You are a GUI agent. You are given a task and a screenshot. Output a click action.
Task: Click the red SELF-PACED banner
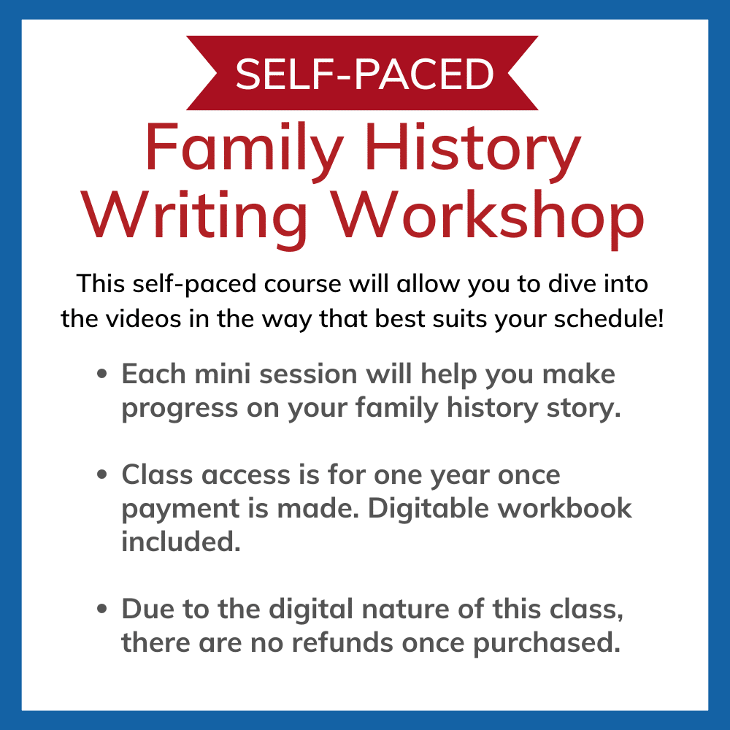(x=362, y=73)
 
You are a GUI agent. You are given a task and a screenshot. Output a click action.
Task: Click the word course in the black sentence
(x=303, y=284)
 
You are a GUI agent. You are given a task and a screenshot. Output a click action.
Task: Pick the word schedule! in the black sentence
(x=609, y=319)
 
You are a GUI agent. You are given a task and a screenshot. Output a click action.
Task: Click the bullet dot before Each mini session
(x=102, y=374)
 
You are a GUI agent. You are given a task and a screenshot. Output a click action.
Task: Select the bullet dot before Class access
(x=102, y=475)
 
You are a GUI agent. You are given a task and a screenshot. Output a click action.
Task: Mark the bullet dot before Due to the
(x=102, y=609)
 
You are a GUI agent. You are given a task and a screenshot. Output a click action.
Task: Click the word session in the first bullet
(x=308, y=374)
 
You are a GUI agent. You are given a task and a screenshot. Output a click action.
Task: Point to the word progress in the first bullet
(x=180, y=410)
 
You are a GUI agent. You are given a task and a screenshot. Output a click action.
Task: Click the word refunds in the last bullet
(x=342, y=642)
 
